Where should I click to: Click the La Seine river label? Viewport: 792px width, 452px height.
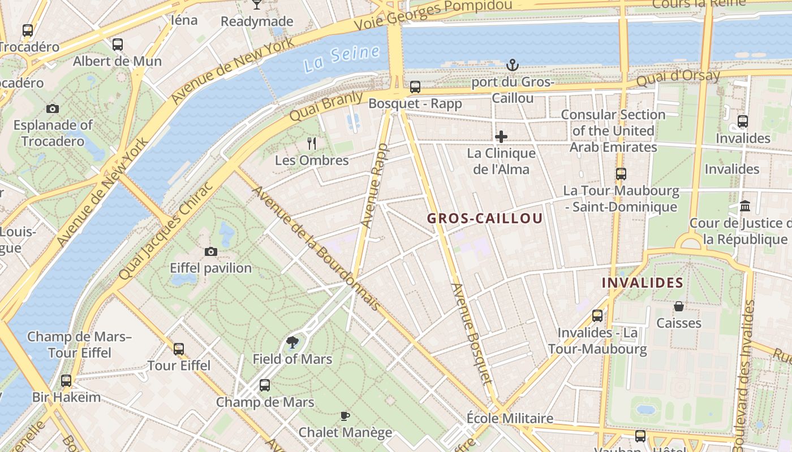[x=341, y=58]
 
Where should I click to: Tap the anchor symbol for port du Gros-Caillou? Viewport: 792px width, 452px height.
[x=513, y=65]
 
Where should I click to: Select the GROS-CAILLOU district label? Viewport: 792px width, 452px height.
[x=485, y=219]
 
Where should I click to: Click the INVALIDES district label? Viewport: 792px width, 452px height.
[x=642, y=282]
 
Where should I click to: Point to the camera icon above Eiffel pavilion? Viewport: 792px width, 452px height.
[x=211, y=251]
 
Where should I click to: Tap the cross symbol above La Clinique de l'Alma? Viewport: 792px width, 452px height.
[x=501, y=137]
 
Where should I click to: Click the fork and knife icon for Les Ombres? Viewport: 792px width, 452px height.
[x=312, y=143]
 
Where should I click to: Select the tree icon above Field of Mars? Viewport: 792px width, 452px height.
[x=292, y=342]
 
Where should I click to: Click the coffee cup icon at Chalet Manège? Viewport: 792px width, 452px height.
[x=345, y=416]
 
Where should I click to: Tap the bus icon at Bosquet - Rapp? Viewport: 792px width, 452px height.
[x=415, y=87]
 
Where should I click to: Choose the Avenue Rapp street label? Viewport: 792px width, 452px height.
[x=373, y=186]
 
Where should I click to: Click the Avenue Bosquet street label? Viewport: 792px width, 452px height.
[x=471, y=333]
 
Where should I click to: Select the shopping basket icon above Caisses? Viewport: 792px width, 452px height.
[x=679, y=306]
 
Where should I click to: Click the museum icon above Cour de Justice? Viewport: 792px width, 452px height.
[x=745, y=206]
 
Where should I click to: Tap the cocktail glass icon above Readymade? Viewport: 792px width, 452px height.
[x=257, y=5]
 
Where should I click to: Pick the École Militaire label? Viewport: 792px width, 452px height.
[x=510, y=418]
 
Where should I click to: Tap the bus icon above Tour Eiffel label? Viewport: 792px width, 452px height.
[x=179, y=349]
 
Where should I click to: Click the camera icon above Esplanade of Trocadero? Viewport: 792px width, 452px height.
[x=53, y=108]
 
